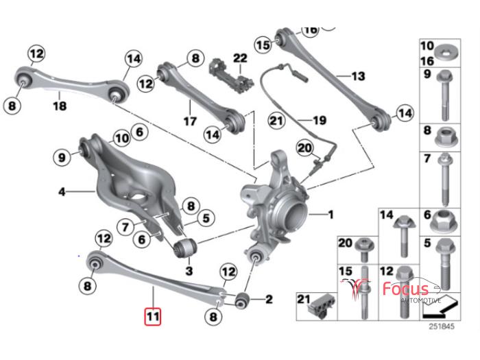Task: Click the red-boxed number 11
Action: click(x=153, y=316)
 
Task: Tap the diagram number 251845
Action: click(x=441, y=326)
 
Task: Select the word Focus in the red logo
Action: click(x=406, y=289)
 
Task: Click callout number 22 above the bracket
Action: click(x=240, y=58)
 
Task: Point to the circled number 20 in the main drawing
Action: click(x=305, y=148)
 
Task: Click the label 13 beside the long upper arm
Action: click(x=358, y=76)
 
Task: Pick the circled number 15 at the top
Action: click(x=263, y=45)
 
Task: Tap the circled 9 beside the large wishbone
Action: click(x=62, y=158)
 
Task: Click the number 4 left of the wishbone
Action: click(x=62, y=192)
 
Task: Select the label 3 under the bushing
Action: click(x=189, y=271)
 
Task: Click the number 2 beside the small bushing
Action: click(x=269, y=299)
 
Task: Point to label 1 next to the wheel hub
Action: click(x=331, y=215)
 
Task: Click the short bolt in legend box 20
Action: click(x=363, y=250)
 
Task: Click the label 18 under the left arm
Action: click(x=60, y=106)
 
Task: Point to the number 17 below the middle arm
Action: click(x=190, y=121)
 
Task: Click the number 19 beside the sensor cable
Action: click(x=320, y=120)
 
